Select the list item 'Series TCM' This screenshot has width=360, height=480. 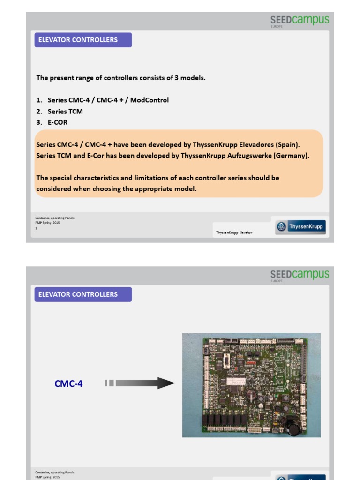point(65,112)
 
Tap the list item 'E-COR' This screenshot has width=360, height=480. point(57,122)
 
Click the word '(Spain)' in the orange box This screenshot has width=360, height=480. point(288,144)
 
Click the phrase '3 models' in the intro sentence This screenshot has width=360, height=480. point(190,78)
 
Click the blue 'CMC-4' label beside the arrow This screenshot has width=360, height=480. point(68,383)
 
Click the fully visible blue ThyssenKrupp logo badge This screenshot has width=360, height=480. point(300,227)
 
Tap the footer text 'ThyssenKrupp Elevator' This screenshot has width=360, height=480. point(234,232)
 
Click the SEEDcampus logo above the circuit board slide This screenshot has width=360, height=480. point(300,275)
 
